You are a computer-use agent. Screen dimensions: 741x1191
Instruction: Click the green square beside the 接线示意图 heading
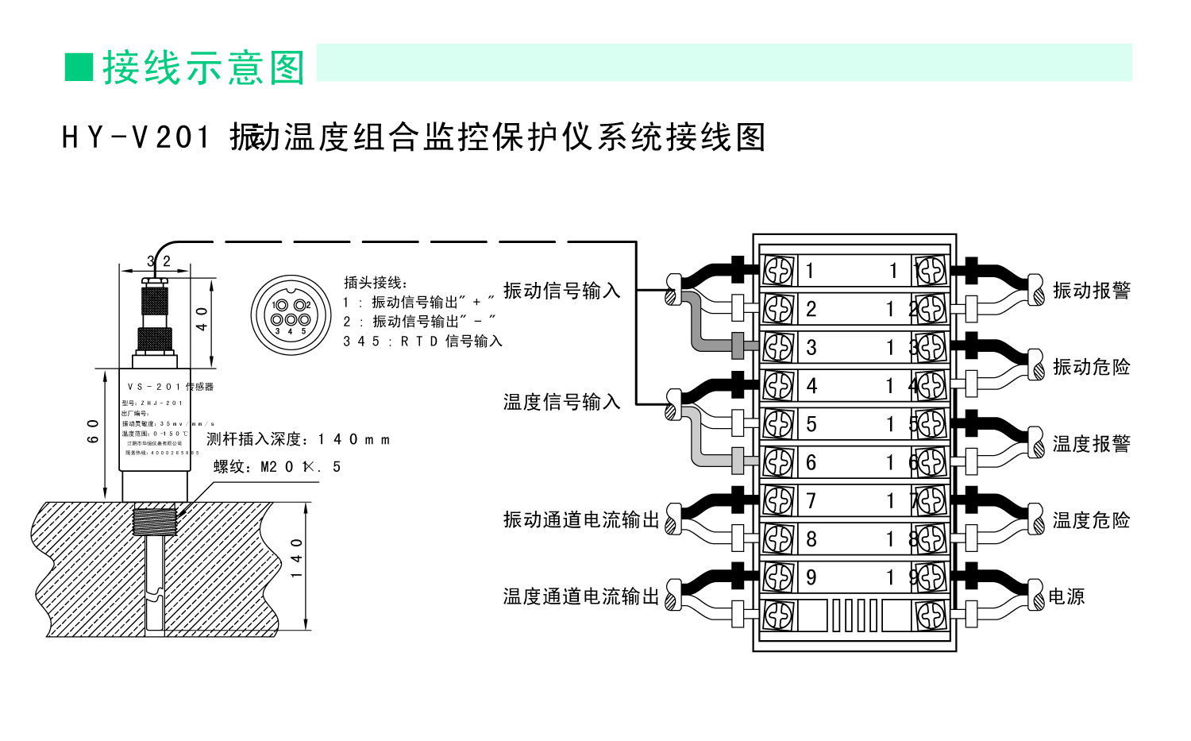[x=79, y=68]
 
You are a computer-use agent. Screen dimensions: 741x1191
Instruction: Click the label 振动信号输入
[x=561, y=291]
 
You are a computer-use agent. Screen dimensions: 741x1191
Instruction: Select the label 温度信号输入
[x=561, y=402]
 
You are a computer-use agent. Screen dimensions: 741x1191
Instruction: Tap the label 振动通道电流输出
[x=581, y=519]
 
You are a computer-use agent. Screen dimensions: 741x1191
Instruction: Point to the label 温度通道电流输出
[x=581, y=596]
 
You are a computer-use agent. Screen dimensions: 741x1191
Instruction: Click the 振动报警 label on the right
[x=1091, y=291]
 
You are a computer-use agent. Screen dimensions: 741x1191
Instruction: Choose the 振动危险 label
[x=1091, y=367]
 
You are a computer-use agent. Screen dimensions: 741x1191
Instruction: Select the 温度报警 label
[x=1091, y=444]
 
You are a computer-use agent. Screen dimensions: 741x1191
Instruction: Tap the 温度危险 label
[x=1091, y=520]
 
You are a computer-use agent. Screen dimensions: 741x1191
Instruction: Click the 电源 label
[x=1066, y=596]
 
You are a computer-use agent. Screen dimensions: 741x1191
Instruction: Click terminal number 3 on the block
[x=811, y=347]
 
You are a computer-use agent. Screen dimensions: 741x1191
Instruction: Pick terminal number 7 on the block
[x=811, y=501]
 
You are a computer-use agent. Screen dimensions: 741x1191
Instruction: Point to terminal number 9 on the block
[x=811, y=577]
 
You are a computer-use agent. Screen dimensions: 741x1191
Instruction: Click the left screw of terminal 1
[x=778, y=270]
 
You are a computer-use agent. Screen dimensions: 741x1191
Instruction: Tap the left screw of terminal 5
[x=778, y=424]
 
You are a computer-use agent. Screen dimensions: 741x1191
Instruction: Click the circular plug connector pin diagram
[x=291, y=315]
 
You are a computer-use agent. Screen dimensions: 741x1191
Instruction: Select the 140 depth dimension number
[x=297, y=558]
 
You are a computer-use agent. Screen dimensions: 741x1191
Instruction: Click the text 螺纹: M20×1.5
[x=277, y=467]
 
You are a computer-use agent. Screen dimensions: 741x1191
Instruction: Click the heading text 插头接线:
[x=376, y=283]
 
